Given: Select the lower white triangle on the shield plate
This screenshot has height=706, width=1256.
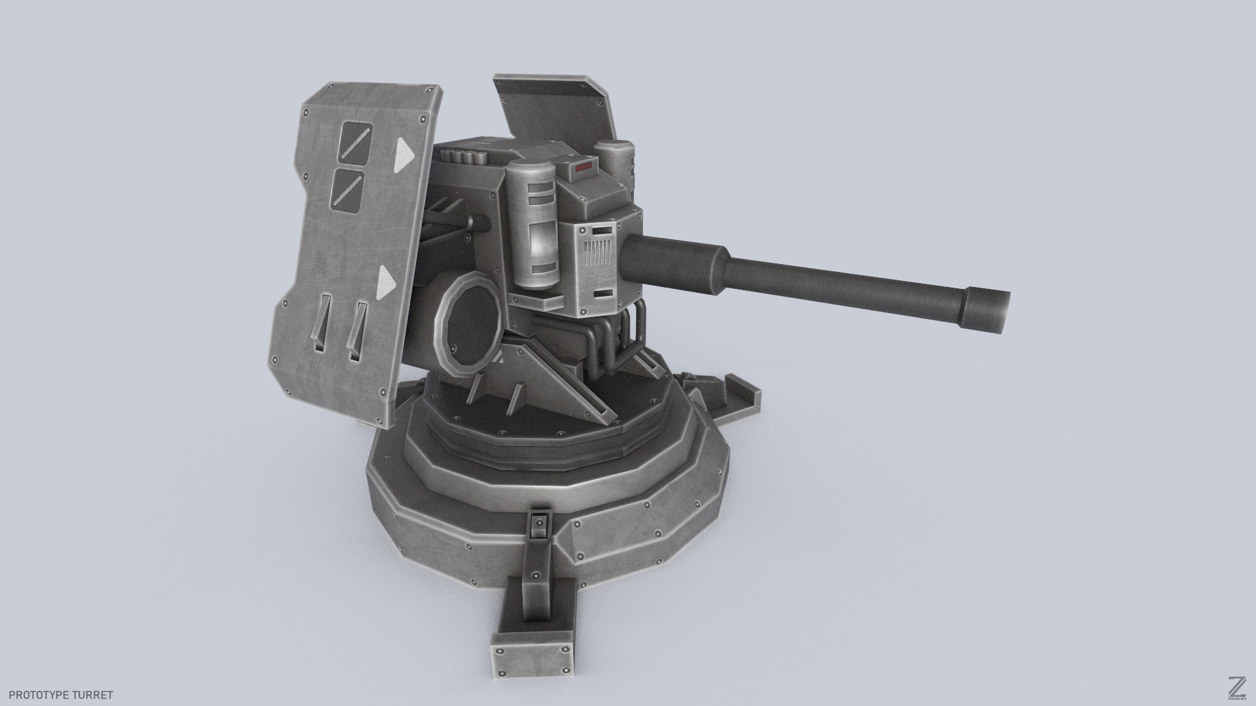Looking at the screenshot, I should tap(387, 282).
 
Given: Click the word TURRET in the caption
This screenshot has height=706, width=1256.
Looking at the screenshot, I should tap(91, 695).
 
